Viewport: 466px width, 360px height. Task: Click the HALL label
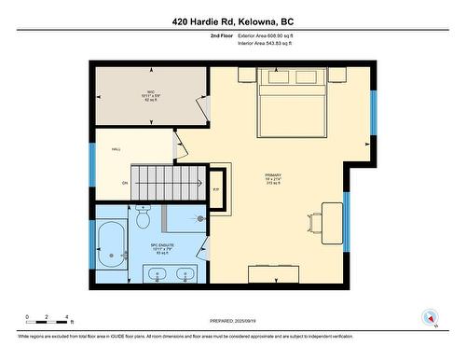coord(116,149)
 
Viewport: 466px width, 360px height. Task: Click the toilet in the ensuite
coord(143,218)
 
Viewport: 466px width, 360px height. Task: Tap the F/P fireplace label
coord(216,190)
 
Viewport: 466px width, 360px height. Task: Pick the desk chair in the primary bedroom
coord(313,223)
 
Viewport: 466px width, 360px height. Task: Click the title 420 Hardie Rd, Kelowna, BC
coord(232,22)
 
